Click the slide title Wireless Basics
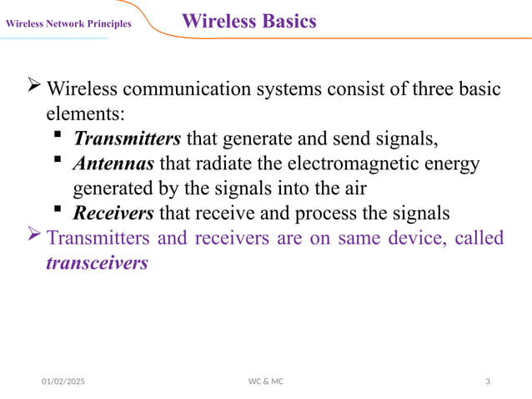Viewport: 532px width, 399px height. (248, 22)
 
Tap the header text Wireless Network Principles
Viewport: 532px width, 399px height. (68, 23)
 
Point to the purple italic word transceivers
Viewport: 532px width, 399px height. (97, 263)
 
